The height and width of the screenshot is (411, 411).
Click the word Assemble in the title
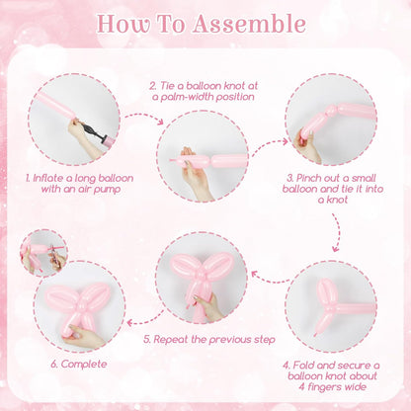pyautogui.click(x=249, y=24)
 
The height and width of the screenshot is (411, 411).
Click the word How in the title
pyautogui.click(x=123, y=24)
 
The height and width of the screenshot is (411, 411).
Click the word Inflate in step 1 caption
pyautogui.click(x=48, y=178)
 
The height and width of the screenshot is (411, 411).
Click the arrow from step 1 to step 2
pyautogui.click(x=145, y=118)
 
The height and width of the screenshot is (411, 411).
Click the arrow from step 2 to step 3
pyautogui.click(x=269, y=146)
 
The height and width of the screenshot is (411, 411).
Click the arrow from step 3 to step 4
pyautogui.click(x=337, y=232)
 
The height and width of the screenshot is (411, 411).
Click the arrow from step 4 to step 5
pyautogui.click(x=270, y=279)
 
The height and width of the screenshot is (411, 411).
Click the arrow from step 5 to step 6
pyautogui.click(x=145, y=318)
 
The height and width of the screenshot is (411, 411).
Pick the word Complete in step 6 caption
pyautogui.click(x=84, y=365)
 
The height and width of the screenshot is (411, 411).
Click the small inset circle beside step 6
pyautogui.click(x=43, y=253)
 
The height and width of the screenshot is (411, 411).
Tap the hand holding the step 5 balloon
pyautogui.click(x=209, y=307)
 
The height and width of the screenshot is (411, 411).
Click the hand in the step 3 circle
pyautogui.click(x=308, y=146)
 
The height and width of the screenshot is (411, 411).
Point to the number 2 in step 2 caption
pyautogui.click(x=152, y=86)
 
